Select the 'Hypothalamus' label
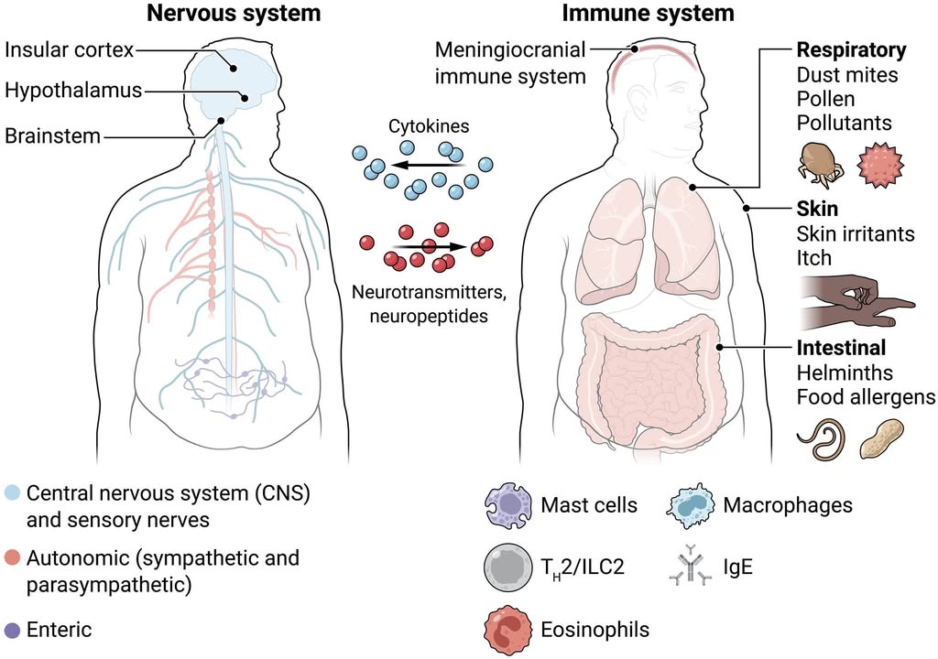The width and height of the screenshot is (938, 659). pos(73,92)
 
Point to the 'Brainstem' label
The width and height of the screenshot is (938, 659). pos(51,137)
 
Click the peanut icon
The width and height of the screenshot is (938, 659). pos(882,438)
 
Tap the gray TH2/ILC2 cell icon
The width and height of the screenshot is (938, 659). pos(507,567)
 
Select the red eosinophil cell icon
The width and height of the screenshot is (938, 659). pos(507,630)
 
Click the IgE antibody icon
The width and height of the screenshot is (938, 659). pos(688,567)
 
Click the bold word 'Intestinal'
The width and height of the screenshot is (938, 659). pos(841,349)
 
